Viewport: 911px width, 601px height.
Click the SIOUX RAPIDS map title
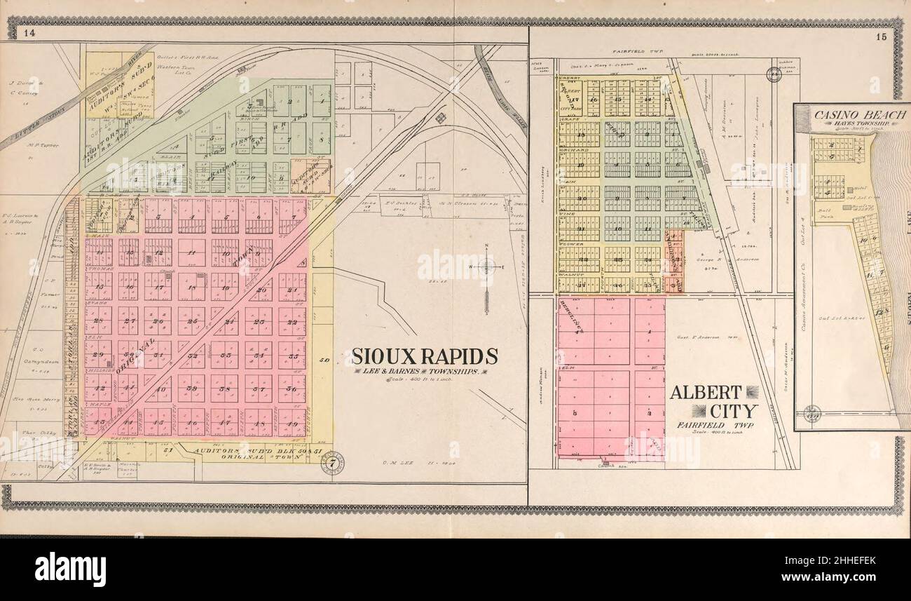425,356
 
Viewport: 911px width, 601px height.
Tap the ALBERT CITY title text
713,401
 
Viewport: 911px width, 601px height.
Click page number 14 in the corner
29,32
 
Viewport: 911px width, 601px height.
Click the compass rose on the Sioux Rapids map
486,267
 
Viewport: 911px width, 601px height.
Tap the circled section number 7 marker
332,463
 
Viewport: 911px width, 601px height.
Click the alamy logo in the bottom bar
70,568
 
